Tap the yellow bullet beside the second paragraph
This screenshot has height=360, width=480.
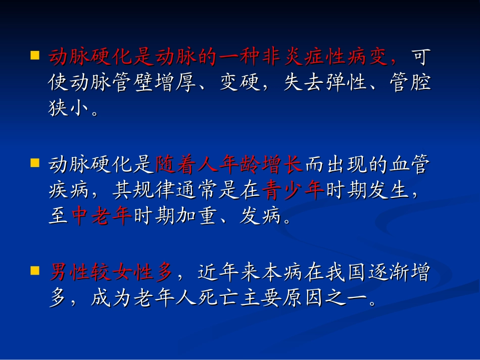click(x=34, y=163)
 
